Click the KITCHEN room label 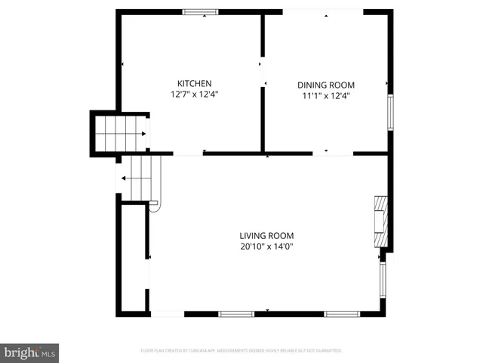click(194, 83)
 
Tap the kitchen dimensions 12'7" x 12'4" click(194, 95)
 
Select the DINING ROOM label click(325, 85)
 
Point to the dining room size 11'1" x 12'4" click(325, 96)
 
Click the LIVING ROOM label click(266, 235)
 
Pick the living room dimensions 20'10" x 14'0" click(266, 247)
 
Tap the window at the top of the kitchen click(201, 11)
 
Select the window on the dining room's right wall click(390, 112)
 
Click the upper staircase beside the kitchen click(120, 133)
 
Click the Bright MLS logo click(30, 352)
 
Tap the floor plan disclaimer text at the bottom click(241, 351)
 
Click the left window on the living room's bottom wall click(235, 313)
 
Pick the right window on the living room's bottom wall click(340, 313)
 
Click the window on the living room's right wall click(383, 281)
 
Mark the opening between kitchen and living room click(177, 154)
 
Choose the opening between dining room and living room click(333, 154)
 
